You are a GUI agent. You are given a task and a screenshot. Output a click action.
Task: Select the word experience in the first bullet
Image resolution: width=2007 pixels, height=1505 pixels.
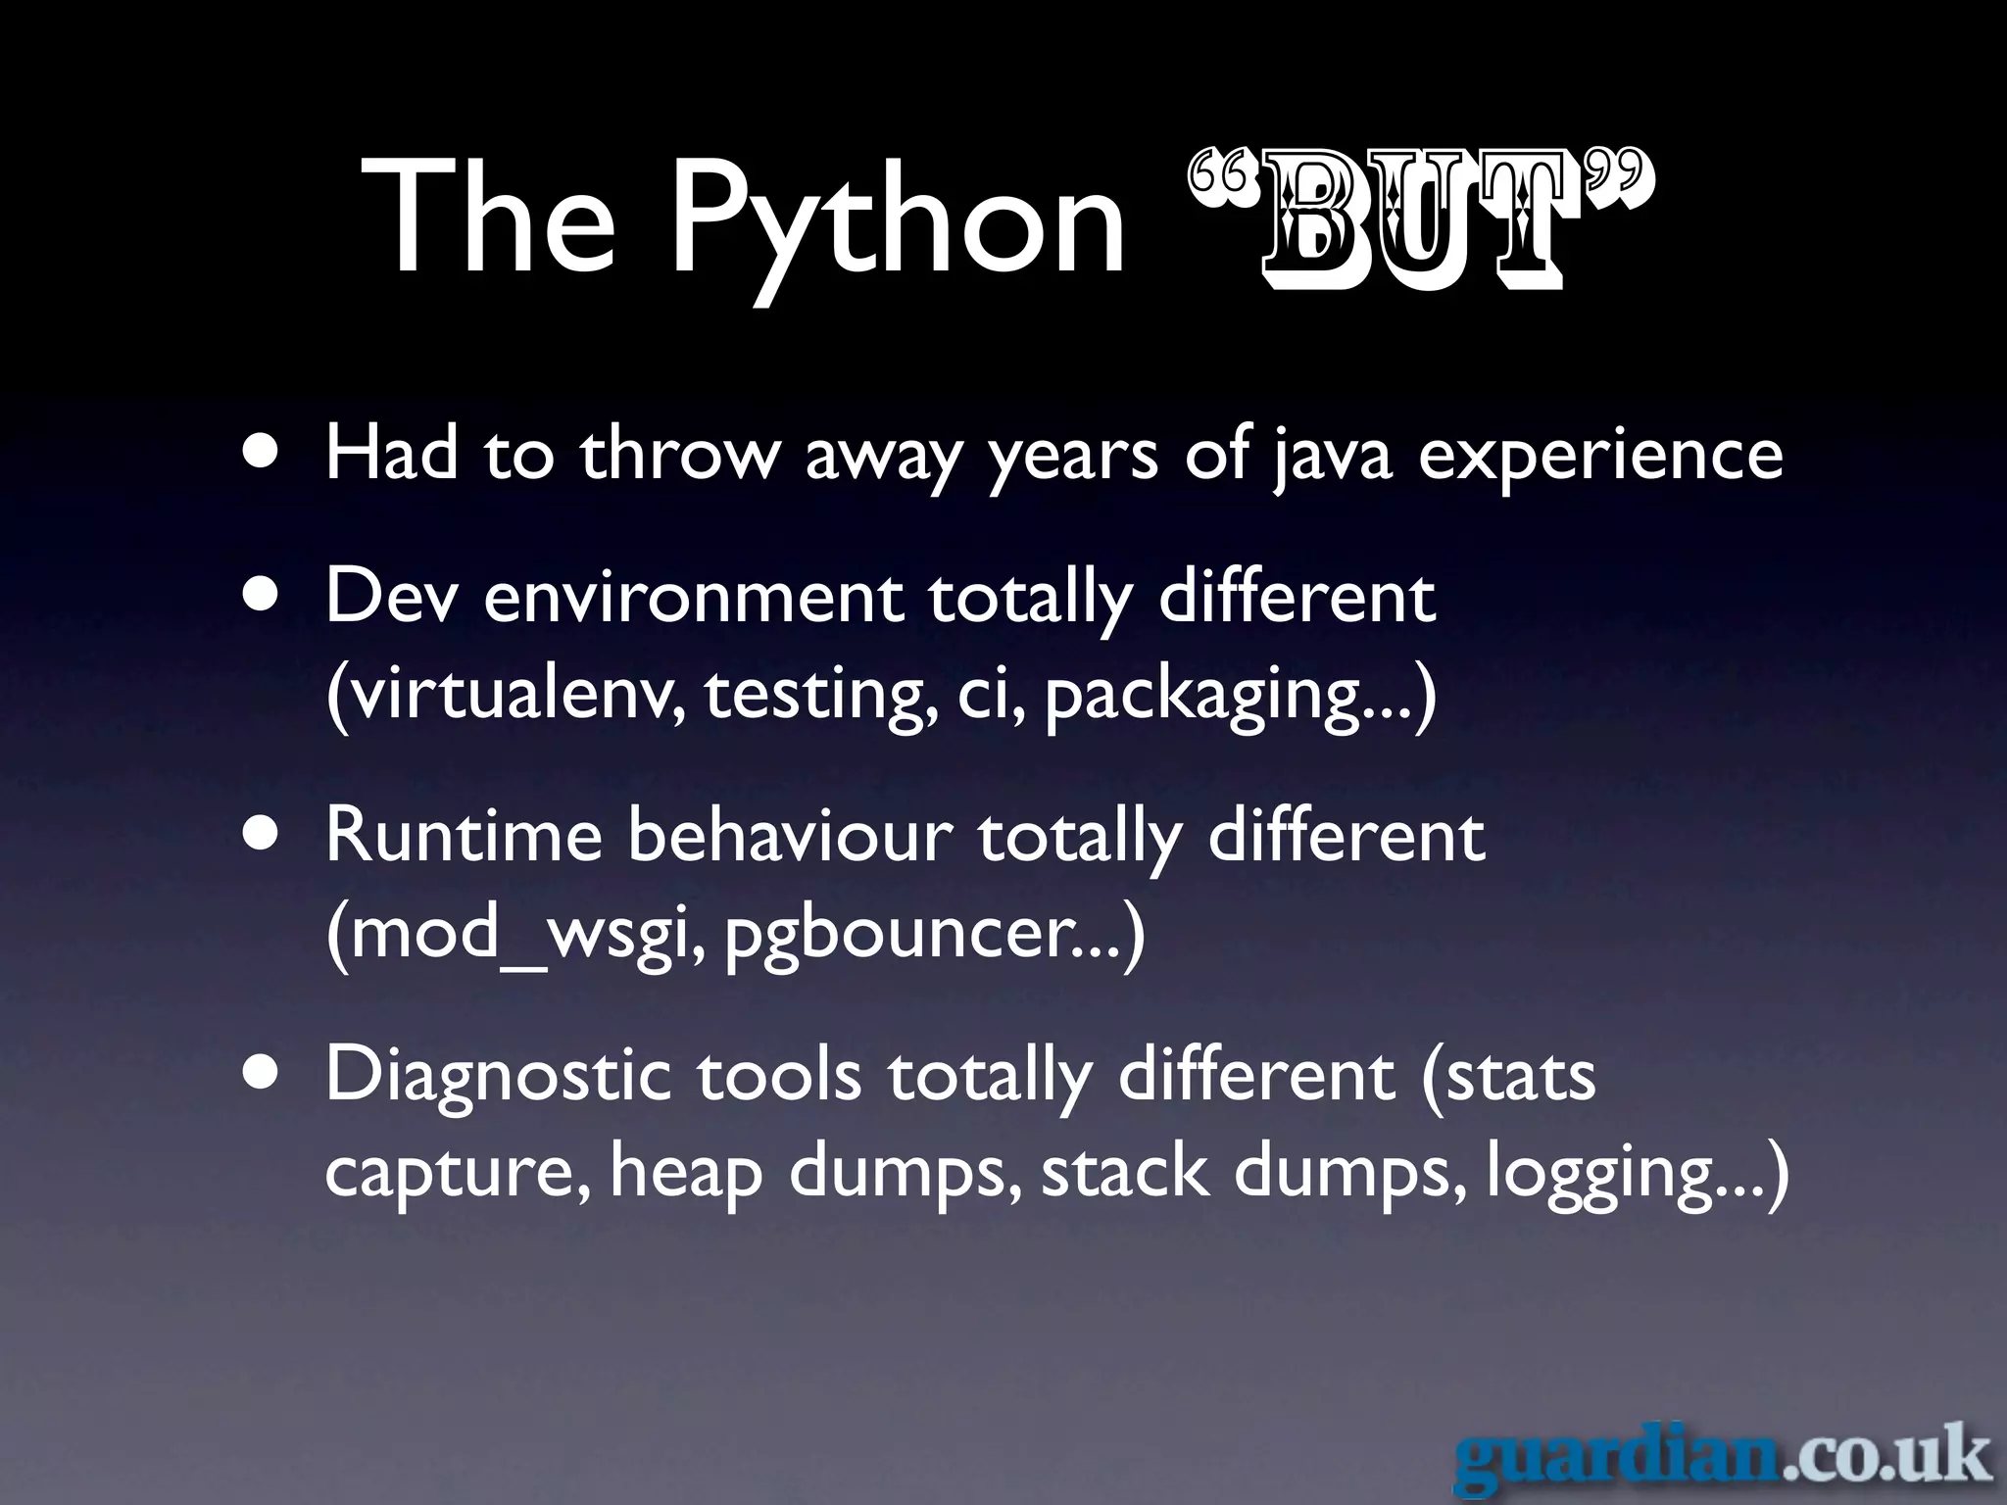click(1600, 459)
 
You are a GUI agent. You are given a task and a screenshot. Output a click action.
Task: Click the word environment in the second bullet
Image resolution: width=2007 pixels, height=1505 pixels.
click(694, 597)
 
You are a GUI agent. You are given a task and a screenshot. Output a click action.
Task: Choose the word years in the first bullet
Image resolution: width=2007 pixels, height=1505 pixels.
click(1073, 459)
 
